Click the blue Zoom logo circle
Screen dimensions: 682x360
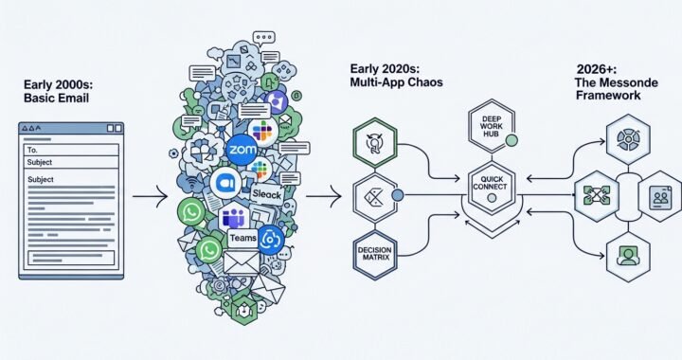pos(242,149)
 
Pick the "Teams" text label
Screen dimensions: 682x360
pos(243,239)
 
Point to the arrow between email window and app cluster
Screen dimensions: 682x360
pos(150,197)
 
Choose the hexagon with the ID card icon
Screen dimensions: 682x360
pos(658,197)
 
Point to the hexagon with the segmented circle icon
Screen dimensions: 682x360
pos(626,138)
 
